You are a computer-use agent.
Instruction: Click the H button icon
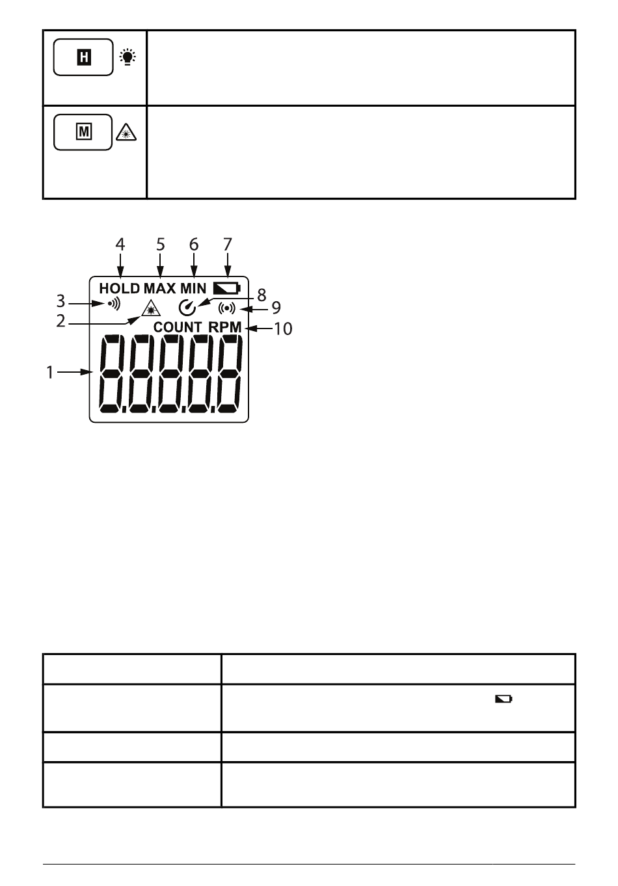point(83,57)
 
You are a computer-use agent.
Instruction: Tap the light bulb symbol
point(128,57)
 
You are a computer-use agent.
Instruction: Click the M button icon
point(83,132)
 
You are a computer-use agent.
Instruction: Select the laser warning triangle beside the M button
point(126,132)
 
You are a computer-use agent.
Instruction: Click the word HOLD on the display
point(120,288)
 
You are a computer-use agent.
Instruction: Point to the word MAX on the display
point(159,288)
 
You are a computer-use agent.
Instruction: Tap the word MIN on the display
point(193,288)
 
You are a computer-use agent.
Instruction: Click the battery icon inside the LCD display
point(226,288)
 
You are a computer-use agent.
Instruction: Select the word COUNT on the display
point(178,327)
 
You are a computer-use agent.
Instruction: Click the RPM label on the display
point(224,327)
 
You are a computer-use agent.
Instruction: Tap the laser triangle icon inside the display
point(151,308)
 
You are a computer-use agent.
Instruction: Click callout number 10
point(283,329)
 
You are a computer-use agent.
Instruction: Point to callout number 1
point(50,373)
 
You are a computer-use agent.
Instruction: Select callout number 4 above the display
point(120,245)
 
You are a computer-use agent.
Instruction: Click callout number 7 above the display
point(227,245)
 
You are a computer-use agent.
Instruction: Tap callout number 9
point(276,308)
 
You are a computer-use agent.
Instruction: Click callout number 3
point(60,301)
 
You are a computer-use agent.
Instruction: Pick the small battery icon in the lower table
point(504,699)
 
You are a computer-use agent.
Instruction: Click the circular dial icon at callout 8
point(187,308)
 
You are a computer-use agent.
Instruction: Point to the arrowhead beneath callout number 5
point(160,273)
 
